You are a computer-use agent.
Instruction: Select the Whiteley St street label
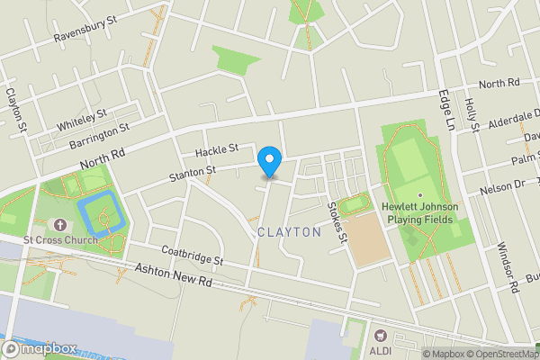click(81, 118)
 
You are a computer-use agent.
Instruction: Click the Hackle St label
click(216, 148)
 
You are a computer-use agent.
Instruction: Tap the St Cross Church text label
click(60, 240)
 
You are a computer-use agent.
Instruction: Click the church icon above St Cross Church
click(60, 224)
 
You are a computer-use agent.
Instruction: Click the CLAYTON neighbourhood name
click(289, 232)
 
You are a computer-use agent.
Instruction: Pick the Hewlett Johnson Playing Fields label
click(419, 212)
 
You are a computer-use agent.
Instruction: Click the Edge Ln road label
click(445, 109)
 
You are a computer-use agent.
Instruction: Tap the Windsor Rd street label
click(508, 268)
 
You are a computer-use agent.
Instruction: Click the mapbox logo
click(38, 348)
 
